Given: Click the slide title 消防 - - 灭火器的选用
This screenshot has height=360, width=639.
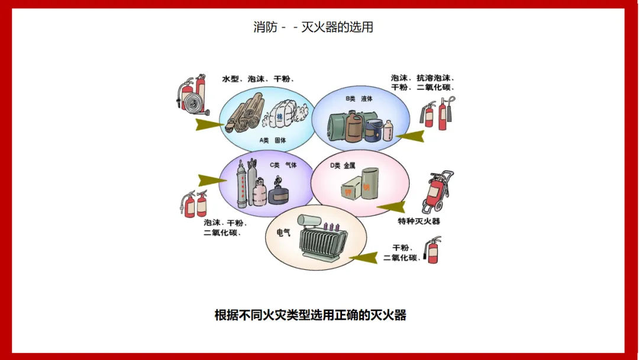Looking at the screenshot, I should [313, 27].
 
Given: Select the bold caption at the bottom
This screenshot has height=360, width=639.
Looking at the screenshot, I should [310, 315].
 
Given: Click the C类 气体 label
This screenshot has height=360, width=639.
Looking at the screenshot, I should [283, 165].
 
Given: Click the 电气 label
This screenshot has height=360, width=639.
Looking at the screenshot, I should [283, 233].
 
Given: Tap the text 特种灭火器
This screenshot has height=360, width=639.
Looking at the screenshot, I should [419, 221].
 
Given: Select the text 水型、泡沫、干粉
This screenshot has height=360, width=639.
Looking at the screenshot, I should [258, 79].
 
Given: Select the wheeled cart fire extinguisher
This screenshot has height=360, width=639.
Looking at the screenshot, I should [438, 192].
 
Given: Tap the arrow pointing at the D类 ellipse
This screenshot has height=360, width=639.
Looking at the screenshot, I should [390, 207].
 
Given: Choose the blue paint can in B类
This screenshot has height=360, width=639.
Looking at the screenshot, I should [373, 130].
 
